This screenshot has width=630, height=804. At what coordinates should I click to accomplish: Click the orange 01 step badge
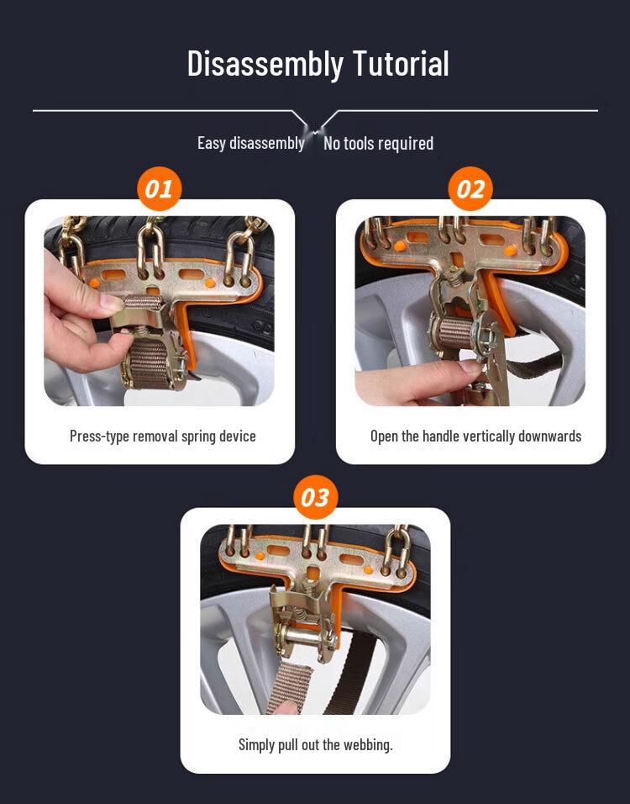tap(159, 188)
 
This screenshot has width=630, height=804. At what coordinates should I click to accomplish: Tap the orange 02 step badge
tap(470, 188)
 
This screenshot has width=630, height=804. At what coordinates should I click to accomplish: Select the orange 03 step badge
tap(314, 497)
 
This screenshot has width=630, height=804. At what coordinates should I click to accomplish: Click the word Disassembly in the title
tap(265, 64)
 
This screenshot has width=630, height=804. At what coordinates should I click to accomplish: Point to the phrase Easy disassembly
tap(250, 143)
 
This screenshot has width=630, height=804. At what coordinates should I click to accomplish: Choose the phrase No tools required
tap(378, 144)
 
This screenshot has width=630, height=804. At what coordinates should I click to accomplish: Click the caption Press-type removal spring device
tap(162, 436)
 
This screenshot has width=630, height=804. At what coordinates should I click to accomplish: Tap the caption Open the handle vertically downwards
tap(475, 436)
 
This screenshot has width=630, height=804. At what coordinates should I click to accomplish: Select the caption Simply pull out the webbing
tap(315, 744)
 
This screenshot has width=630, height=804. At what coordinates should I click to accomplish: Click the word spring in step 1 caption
tap(199, 436)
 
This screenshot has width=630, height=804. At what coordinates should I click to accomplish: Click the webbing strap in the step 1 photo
tap(151, 362)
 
